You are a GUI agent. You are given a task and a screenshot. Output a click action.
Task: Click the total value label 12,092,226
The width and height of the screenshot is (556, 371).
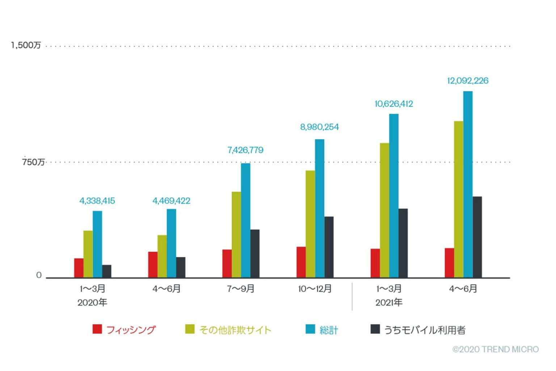(x=468, y=80)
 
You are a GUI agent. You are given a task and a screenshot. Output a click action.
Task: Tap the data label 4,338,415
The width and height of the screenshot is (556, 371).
(x=97, y=201)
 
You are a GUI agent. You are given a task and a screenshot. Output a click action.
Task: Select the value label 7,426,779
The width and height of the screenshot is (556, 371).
(x=245, y=150)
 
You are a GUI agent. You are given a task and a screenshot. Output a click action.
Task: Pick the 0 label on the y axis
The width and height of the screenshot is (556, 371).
(x=39, y=275)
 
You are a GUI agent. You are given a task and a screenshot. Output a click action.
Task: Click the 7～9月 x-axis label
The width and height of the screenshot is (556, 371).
(x=241, y=289)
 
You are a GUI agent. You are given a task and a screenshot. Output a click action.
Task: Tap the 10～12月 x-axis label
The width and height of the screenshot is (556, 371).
(x=315, y=289)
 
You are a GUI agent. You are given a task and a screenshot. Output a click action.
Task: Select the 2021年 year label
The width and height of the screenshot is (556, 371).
(x=389, y=303)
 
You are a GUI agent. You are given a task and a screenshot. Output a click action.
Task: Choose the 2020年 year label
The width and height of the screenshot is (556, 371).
(x=92, y=303)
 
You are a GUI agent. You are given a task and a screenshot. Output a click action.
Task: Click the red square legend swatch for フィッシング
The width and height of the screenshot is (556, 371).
(x=97, y=329)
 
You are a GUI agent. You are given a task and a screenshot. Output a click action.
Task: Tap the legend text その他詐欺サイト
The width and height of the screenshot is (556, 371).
(x=235, y=330)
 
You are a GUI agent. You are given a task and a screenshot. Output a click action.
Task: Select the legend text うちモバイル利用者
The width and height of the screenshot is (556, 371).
(x=425, y=330)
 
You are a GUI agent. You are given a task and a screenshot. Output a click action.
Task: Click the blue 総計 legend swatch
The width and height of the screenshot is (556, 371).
(x=310, y=329)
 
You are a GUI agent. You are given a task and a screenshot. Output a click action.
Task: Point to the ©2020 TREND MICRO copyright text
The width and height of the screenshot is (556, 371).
(x=496, y=349)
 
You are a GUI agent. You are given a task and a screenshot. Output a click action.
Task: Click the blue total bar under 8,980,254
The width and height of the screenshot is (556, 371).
(x=320, y=208)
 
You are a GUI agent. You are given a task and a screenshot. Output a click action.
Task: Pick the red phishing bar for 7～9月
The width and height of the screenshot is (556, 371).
(x=227, y=263)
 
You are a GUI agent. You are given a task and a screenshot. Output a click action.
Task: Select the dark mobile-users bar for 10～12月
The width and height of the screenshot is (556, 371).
(x=329, y=247)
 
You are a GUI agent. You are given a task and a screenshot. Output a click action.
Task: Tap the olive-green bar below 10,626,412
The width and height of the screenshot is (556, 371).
(x=384, y=210)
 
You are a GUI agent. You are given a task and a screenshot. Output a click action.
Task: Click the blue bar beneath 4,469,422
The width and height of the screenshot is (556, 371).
(x=171, y=243)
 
